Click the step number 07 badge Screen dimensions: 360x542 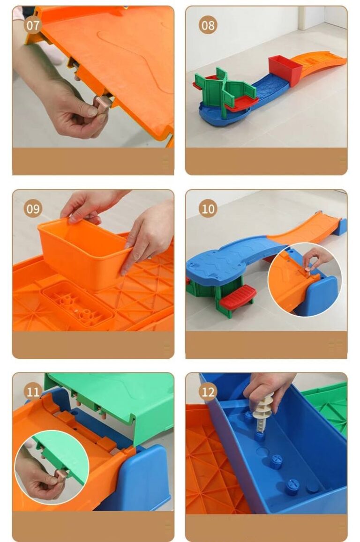33,25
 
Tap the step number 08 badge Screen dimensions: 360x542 208,25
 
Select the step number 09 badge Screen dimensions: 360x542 33,209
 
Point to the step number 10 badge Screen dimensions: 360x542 208,209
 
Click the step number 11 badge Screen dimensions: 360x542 33,392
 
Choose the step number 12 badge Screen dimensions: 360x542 208,392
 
